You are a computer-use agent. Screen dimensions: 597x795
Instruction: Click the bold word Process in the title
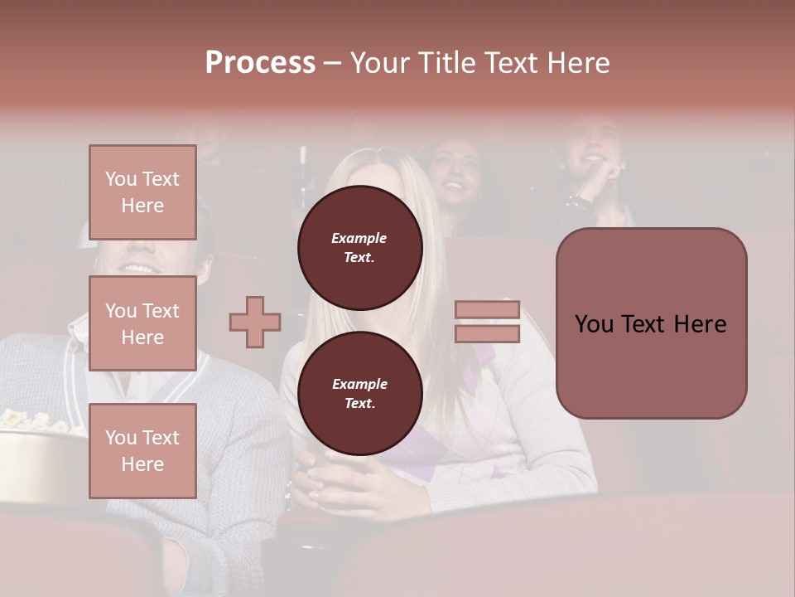point(260,62)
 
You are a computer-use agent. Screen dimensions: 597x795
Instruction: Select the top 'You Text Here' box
point(142,192)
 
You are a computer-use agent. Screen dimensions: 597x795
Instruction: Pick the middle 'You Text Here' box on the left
point(142,323)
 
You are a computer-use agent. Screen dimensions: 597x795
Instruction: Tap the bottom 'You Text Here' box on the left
point(142,451)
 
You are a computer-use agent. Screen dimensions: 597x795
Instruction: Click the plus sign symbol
point(255,322)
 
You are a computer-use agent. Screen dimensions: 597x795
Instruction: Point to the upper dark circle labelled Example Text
point(359,247)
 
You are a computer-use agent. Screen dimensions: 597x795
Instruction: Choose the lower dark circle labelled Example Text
point(359,393)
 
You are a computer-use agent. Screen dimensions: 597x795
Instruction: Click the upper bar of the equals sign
point(487,309)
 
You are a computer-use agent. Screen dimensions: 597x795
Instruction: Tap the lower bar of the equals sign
point(487,333)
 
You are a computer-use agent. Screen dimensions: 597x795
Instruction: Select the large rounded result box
point(651,323)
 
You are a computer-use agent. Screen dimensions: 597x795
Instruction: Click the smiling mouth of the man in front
point(139,269)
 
